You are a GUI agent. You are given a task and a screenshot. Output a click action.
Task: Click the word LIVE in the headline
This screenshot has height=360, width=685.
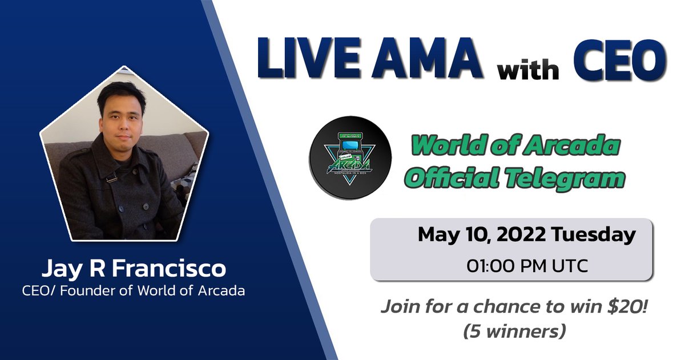tap(297, 60)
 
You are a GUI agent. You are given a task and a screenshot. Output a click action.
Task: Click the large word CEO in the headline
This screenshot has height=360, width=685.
tap(618, 60)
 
